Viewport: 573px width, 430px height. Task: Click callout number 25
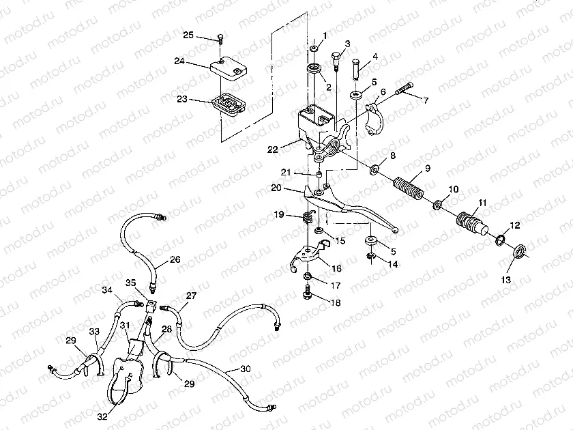point(188,35)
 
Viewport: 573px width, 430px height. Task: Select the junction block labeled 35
point(151,305)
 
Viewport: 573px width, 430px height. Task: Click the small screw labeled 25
point(220,39)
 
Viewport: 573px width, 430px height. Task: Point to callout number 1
point(325,35)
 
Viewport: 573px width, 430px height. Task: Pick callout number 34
point(106,290)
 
